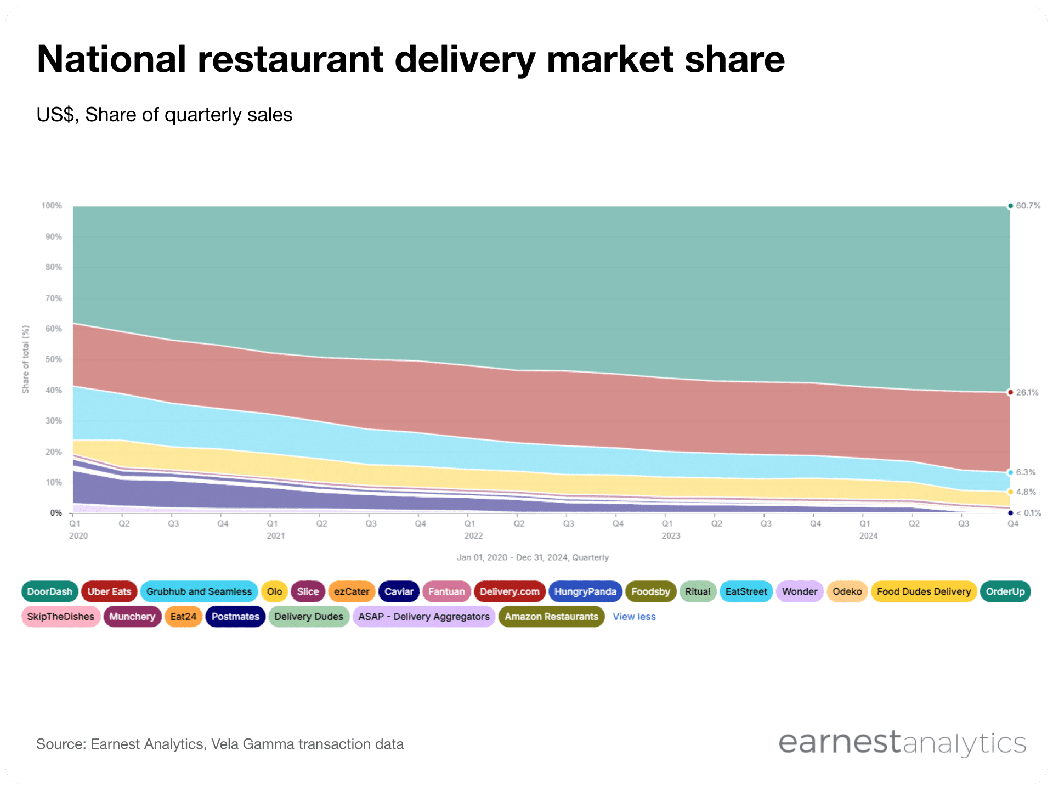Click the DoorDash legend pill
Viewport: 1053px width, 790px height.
point(49,591)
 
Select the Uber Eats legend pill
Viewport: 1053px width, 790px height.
point(109,591)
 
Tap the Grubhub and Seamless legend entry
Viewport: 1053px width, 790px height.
point(199,591)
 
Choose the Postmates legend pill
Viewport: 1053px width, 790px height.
point(235,617)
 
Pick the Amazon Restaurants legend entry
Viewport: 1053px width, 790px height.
point(551,617)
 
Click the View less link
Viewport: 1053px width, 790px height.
point(634,617)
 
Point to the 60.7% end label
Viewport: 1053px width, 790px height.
point(1028,206)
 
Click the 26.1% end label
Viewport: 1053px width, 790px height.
point(1027,392)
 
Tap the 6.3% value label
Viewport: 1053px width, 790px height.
point(1025,472)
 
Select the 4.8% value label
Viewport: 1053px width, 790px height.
point(1025,492)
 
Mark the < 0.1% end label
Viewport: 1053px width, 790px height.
point(1028,513)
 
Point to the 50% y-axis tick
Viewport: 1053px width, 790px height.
point(54,359)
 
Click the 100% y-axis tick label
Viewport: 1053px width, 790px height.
point(52,206)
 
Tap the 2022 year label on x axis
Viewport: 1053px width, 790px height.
point(473,536)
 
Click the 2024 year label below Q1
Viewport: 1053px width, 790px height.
point(868,536)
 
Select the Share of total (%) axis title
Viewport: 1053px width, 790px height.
point(25,359)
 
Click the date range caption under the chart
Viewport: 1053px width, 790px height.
point(533,557)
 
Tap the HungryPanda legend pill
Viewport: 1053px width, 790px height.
point(585,591)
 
